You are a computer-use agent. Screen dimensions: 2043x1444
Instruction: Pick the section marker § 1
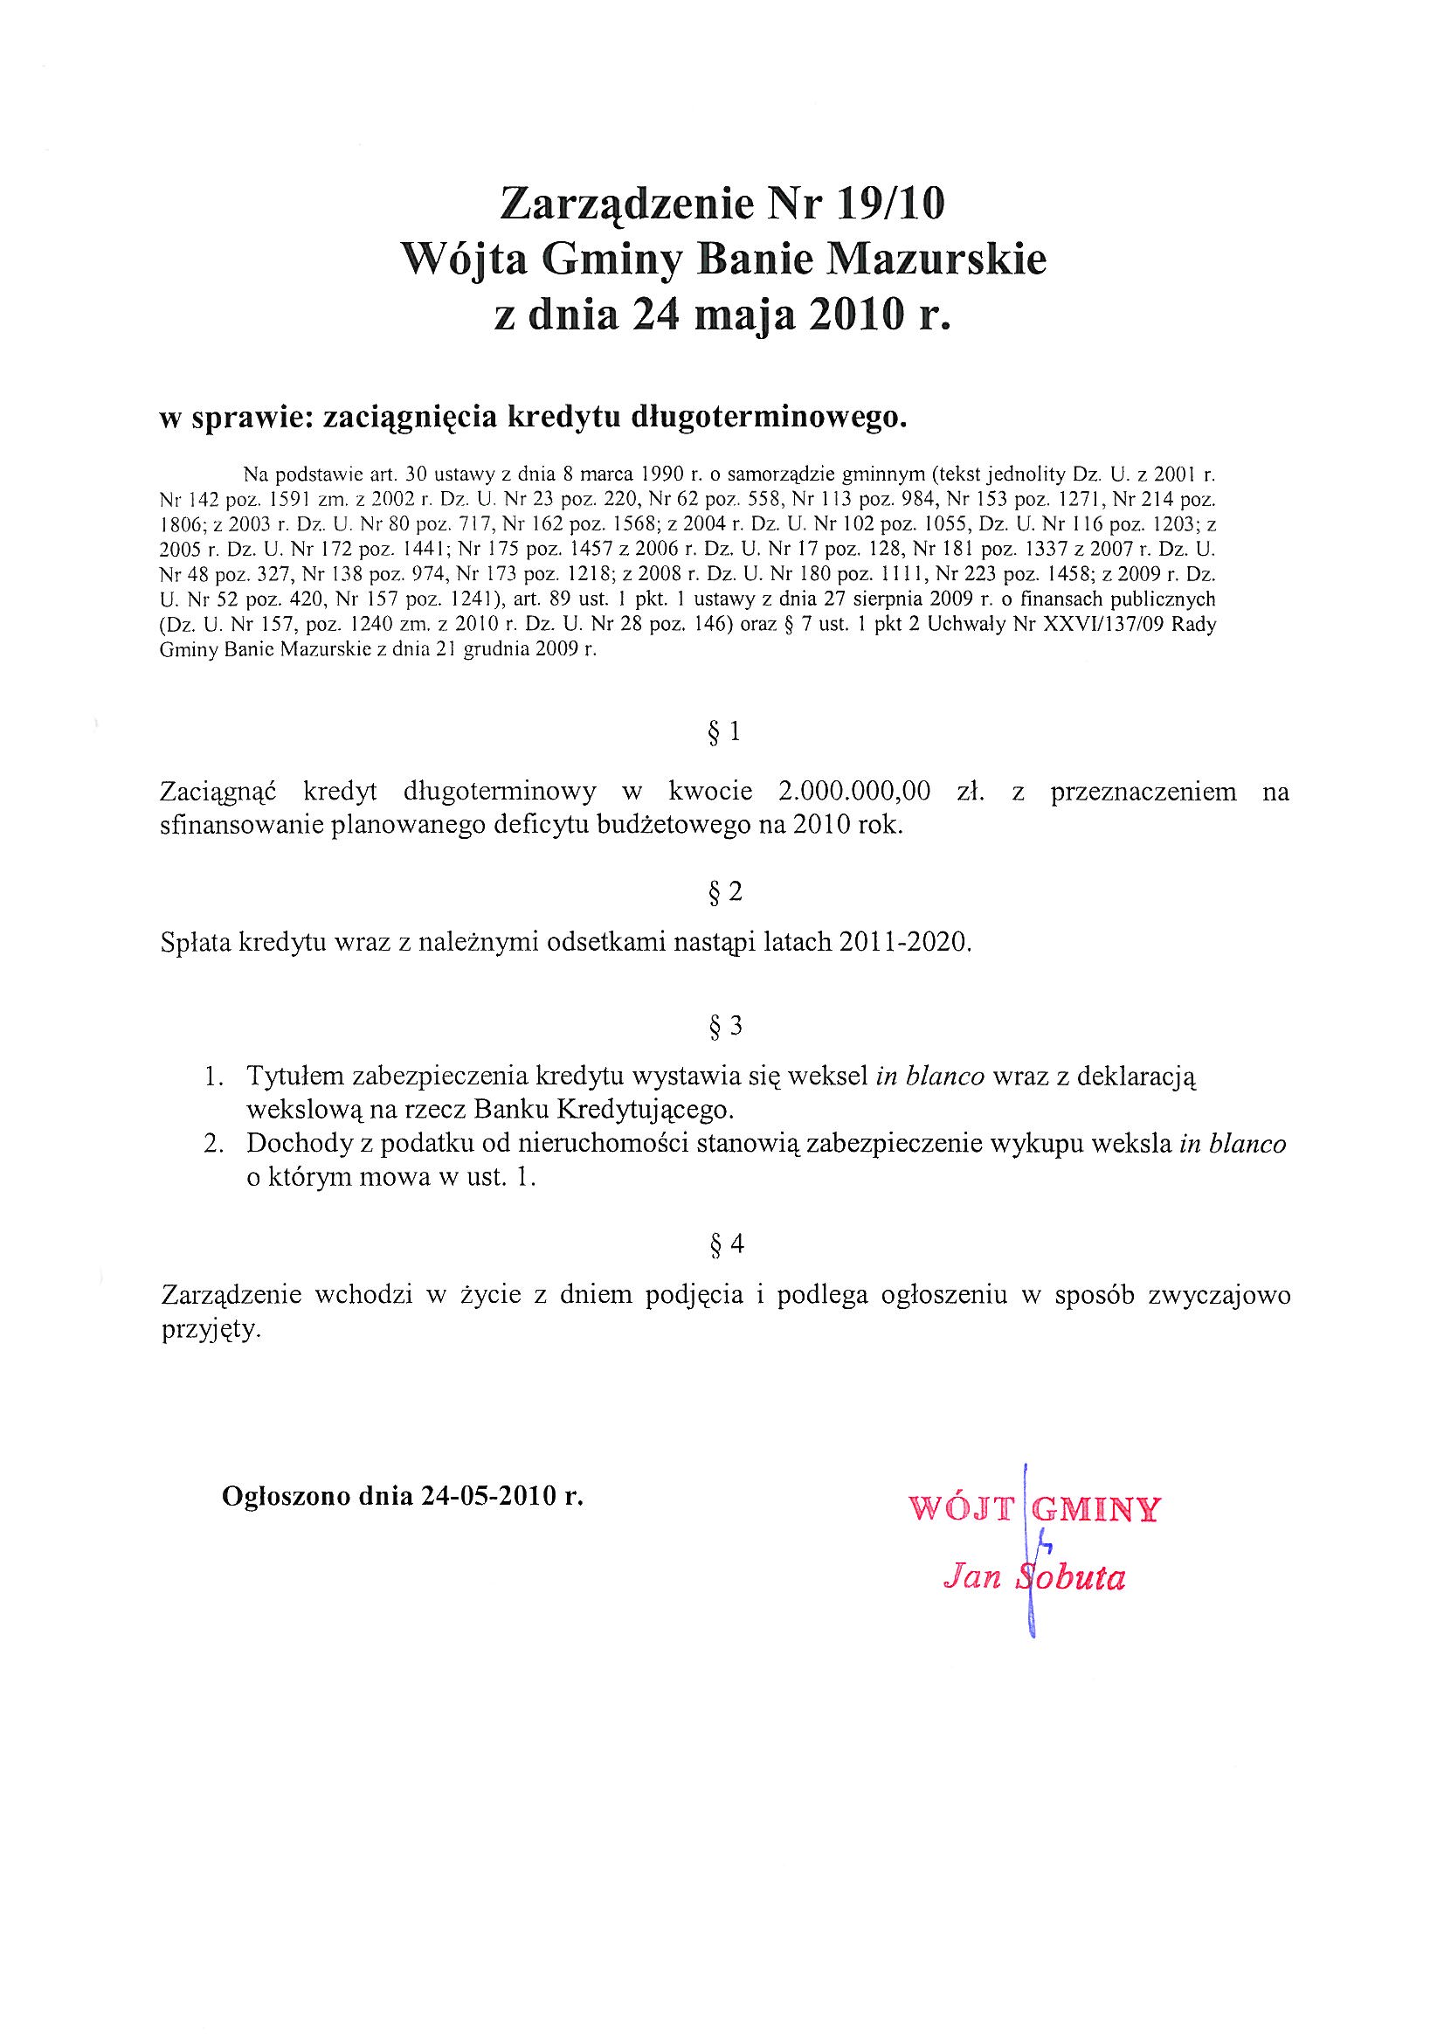click(x=723, y=732)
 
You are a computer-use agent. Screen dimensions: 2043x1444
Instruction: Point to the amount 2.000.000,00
click(x=854, y=791)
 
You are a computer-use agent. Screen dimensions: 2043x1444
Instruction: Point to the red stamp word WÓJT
click(x=961, y=1509)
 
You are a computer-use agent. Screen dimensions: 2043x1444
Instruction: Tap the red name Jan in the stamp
click(x=971, y=1577)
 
